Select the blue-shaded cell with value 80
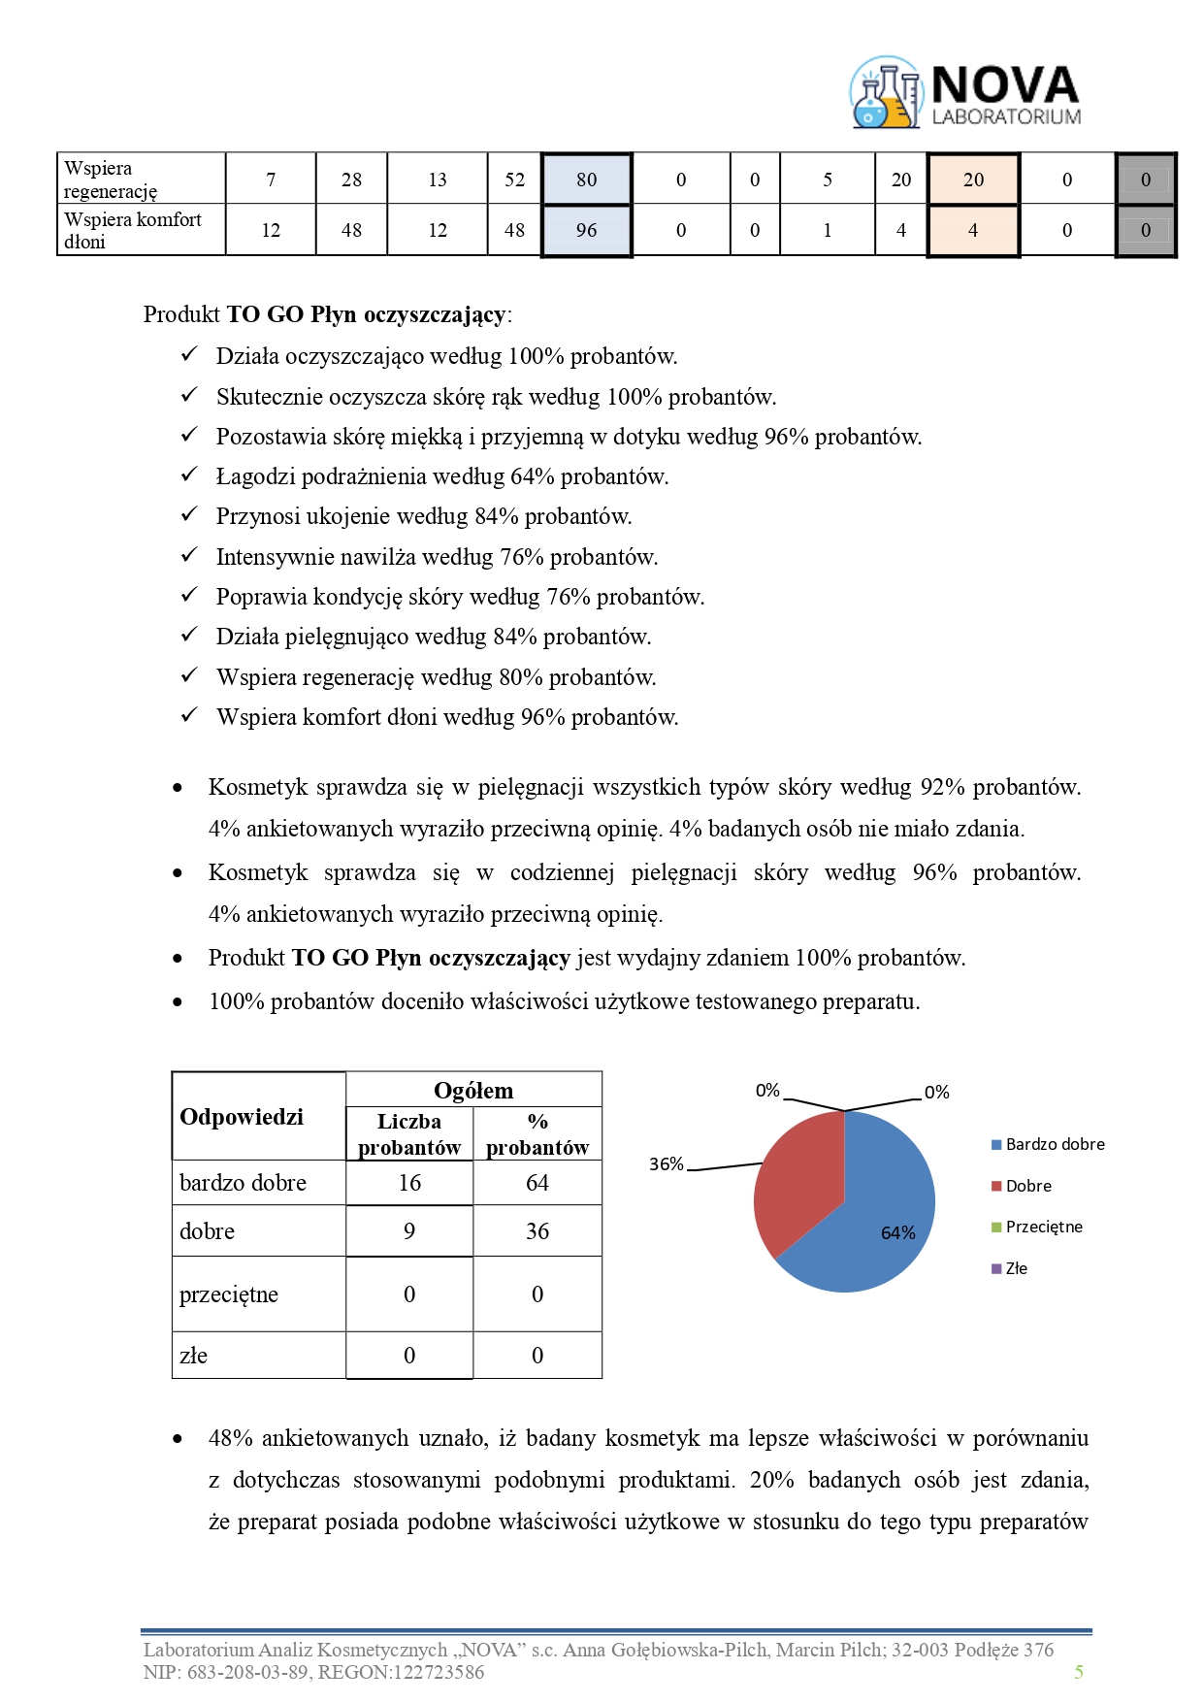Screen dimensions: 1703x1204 coord(586,180)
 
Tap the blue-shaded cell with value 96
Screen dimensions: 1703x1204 coord(586,231)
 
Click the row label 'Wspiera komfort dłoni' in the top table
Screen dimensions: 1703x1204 coord(133,231)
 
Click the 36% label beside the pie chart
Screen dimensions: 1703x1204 coord(667,1164)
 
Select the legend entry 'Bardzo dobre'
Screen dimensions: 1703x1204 coord(1048,1145)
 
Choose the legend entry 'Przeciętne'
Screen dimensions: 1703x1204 coord(1037,1228)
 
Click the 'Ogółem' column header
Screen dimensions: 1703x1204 coord(473,1091)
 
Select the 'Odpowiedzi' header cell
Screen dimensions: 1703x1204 coord(242,1117)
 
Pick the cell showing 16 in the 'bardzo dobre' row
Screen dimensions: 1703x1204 coord(409,1183)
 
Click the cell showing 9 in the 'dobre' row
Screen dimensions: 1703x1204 coord(409,1231)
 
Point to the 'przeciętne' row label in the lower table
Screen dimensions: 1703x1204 coord(229,1294)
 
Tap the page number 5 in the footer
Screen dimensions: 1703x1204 coord(1079,1672)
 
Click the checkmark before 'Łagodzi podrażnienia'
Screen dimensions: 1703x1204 coord(189,475)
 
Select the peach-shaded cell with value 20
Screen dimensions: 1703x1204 coord(973,180)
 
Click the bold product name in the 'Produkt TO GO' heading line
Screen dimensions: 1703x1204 coord(366,314)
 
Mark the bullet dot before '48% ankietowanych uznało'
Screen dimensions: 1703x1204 coord(178,1439)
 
